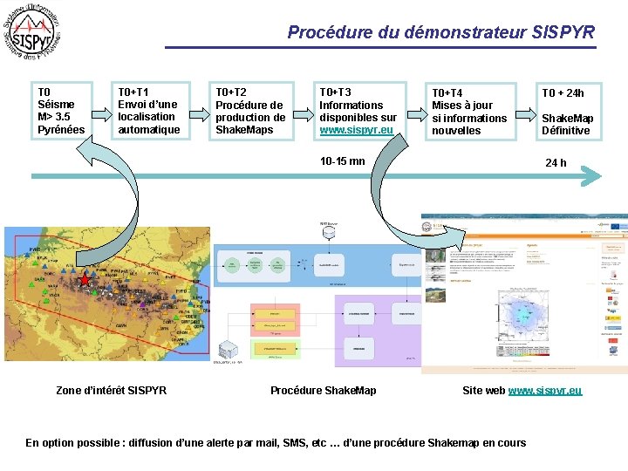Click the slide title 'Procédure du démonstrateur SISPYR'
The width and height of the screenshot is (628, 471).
pos(440,33)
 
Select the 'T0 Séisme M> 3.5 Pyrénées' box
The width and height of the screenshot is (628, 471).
pos(58,111)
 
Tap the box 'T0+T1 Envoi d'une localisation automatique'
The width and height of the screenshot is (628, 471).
pos(149,111)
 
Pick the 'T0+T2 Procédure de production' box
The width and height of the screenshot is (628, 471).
pos(252,111)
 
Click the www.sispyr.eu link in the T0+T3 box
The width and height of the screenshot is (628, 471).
pos(356,130)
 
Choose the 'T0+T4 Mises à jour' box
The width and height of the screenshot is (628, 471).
pos(469,112)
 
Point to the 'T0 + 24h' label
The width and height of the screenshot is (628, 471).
pos(563,93)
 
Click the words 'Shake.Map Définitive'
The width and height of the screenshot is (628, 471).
pos(567,125)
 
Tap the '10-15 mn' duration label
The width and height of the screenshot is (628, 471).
pos(343,161)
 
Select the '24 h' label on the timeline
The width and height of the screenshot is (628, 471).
pos(556,163)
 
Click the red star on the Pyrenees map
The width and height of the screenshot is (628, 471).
pos(85,281)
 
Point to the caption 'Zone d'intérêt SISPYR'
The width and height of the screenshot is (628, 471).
pos(111,390)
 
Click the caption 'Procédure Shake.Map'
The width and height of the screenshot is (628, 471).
pos(323,390)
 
